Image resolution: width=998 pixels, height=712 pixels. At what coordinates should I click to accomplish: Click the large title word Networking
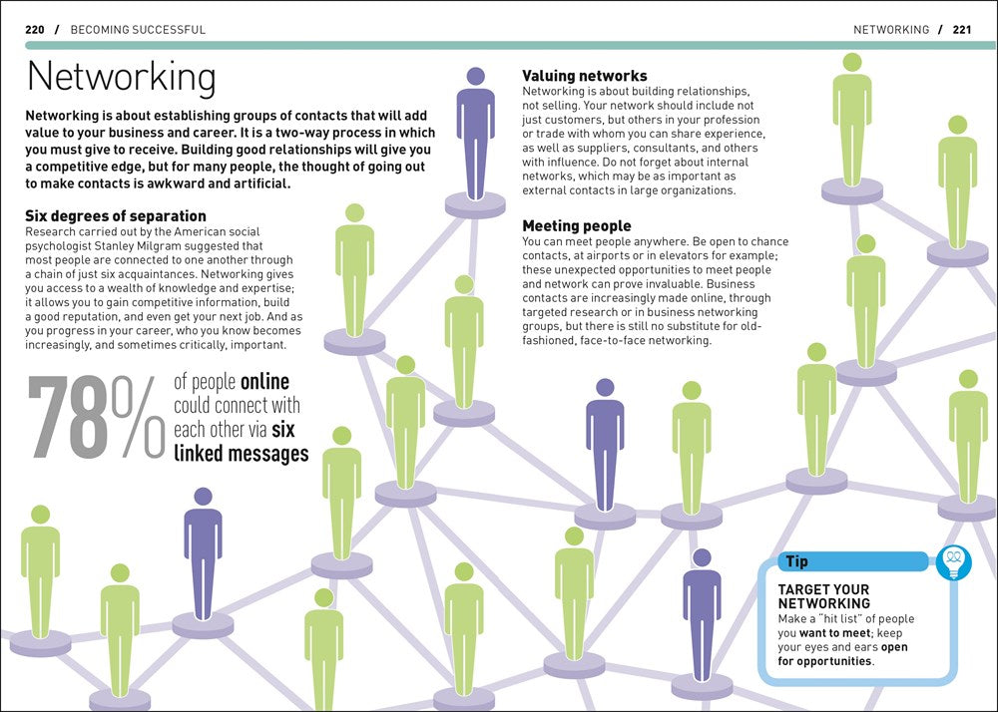pyautogui.click(x=121, y=78)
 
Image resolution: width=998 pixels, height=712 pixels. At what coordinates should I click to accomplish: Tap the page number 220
pyautogui.click(x=34, y=30)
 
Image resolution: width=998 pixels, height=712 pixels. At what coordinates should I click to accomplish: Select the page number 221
pyautogui.click(x=962, y=30)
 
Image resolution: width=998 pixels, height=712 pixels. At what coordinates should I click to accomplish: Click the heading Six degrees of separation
pyautogui.click(x=109, y=215)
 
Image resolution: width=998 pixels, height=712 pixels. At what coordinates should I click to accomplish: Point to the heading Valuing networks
pyautogui.click(x=585, y=76)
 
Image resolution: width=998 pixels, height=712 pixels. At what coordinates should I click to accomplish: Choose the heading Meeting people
pyautogui.click(x=577, y=226)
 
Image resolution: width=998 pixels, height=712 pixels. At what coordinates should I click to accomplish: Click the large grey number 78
pyautogui.click(x=68, y=418)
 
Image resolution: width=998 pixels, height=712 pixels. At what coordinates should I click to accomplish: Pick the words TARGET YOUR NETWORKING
pyautogui.click(x=824, y=596)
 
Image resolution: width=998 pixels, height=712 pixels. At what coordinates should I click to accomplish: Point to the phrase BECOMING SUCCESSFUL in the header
pyautogui.click(x=138, y=30)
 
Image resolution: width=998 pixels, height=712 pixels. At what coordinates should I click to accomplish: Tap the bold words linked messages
pyautogui.click(x=241, y=454)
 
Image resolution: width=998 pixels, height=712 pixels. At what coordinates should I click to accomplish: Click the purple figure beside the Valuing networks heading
pyautogui.click(x=476, y=135)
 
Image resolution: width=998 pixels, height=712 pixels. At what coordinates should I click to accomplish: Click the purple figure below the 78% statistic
pyautogui.click(x=203, y=553)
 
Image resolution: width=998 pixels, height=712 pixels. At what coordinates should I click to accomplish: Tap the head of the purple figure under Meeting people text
pyautogui.click(x=605, y=388)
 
